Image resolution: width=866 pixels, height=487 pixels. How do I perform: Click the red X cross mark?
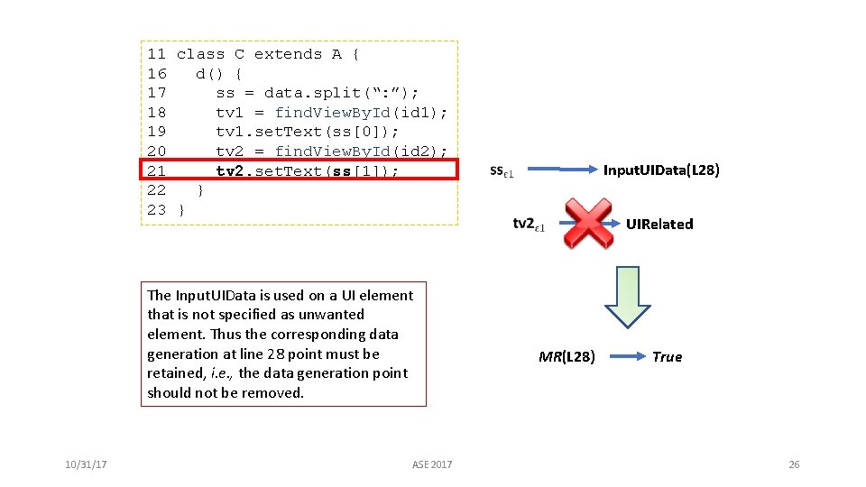588,224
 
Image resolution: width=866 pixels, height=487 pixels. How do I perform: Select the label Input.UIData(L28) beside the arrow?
660,170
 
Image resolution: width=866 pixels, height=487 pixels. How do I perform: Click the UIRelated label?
659,225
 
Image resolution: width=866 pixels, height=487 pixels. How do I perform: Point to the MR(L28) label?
567,357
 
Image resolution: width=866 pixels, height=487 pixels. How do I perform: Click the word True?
667,357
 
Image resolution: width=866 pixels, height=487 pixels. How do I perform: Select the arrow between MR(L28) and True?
624,356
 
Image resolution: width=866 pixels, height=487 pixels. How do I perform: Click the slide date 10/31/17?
87,464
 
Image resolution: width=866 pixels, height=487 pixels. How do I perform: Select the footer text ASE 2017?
432,464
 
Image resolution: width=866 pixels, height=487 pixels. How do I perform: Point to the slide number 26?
794,464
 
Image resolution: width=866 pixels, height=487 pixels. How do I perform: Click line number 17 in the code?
156,93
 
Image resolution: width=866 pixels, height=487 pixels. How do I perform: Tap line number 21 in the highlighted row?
156,170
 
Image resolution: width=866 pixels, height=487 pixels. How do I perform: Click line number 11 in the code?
156,54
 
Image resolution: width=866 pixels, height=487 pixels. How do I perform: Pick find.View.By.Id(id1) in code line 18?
361,113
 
